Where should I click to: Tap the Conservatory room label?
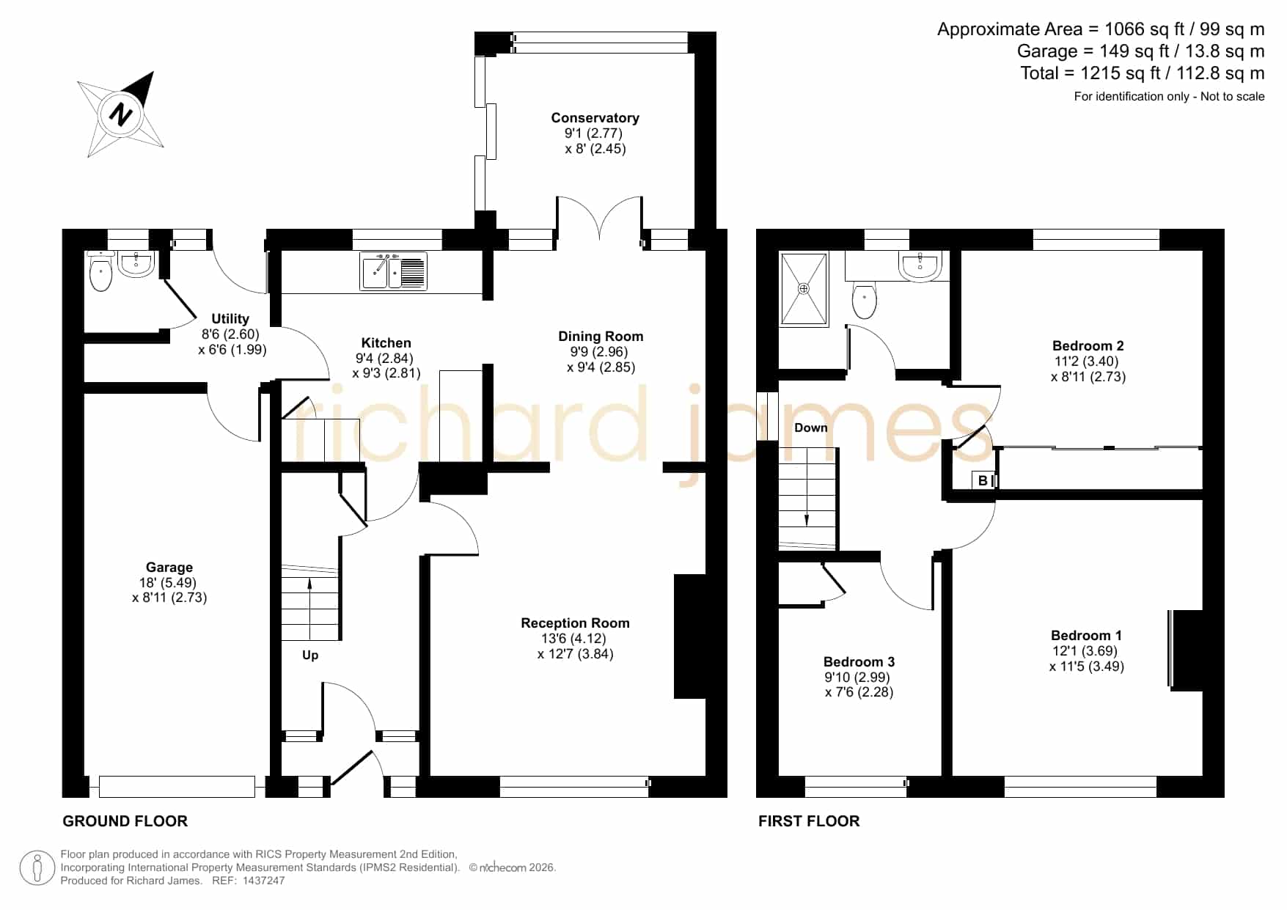tap(595, 117)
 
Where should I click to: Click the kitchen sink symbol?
tap(393, 271)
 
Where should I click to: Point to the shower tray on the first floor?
tap(804, 289)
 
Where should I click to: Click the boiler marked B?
tap(983, 481)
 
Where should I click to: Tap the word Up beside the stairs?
tap(310, 655)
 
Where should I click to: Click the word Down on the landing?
tap(810, 428)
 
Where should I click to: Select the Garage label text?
tap(169, 567)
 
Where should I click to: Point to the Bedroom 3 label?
tap(859, 661)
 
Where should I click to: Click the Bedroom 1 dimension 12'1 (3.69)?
tap(1085, 650)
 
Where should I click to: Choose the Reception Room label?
tap(575, 623)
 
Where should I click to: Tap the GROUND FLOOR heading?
tap(125, 821)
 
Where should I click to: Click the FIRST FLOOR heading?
tap(809, 821)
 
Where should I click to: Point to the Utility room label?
tap(230, 318)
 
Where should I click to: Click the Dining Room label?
tap(601, 336)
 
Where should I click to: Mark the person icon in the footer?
tap(37, 868)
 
